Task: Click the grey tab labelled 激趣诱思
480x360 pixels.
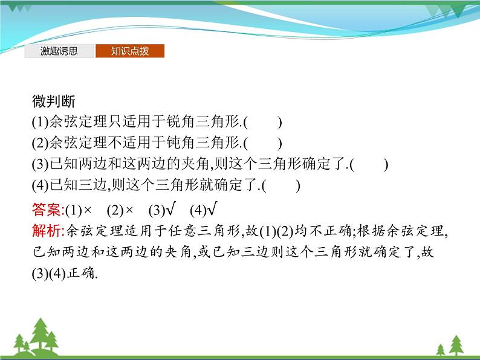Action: [59, 51]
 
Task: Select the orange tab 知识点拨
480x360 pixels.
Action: [129, 51]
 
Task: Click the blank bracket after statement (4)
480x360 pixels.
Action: [282, 186]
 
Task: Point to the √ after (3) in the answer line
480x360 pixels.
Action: [170, 210]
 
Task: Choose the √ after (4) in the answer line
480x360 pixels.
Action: [212, 210]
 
